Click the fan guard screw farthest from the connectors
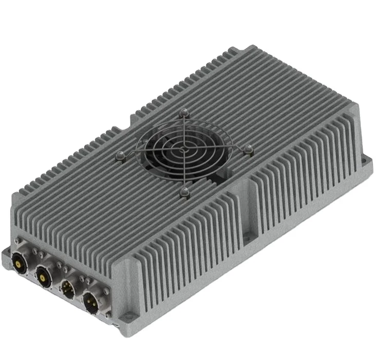(x=184, y=112)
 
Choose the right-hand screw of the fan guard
(x=249, y=149)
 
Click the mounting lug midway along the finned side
(x=247, y=236)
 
